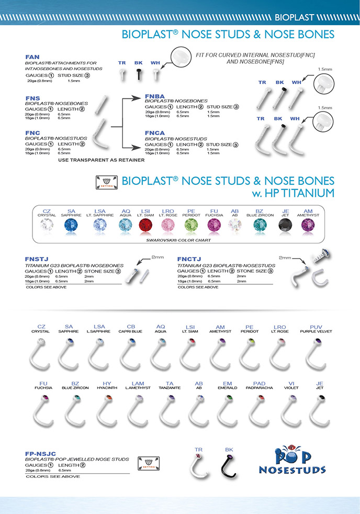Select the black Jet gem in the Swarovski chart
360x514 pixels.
(x=286, y=226)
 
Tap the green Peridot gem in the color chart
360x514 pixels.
(x=190, y=226)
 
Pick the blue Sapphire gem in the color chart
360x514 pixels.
(x=71, y=226)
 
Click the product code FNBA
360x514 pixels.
(x=155, y=96)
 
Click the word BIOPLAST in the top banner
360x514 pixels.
(x=294, y=17)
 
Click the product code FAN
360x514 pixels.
(x=32, y=57)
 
